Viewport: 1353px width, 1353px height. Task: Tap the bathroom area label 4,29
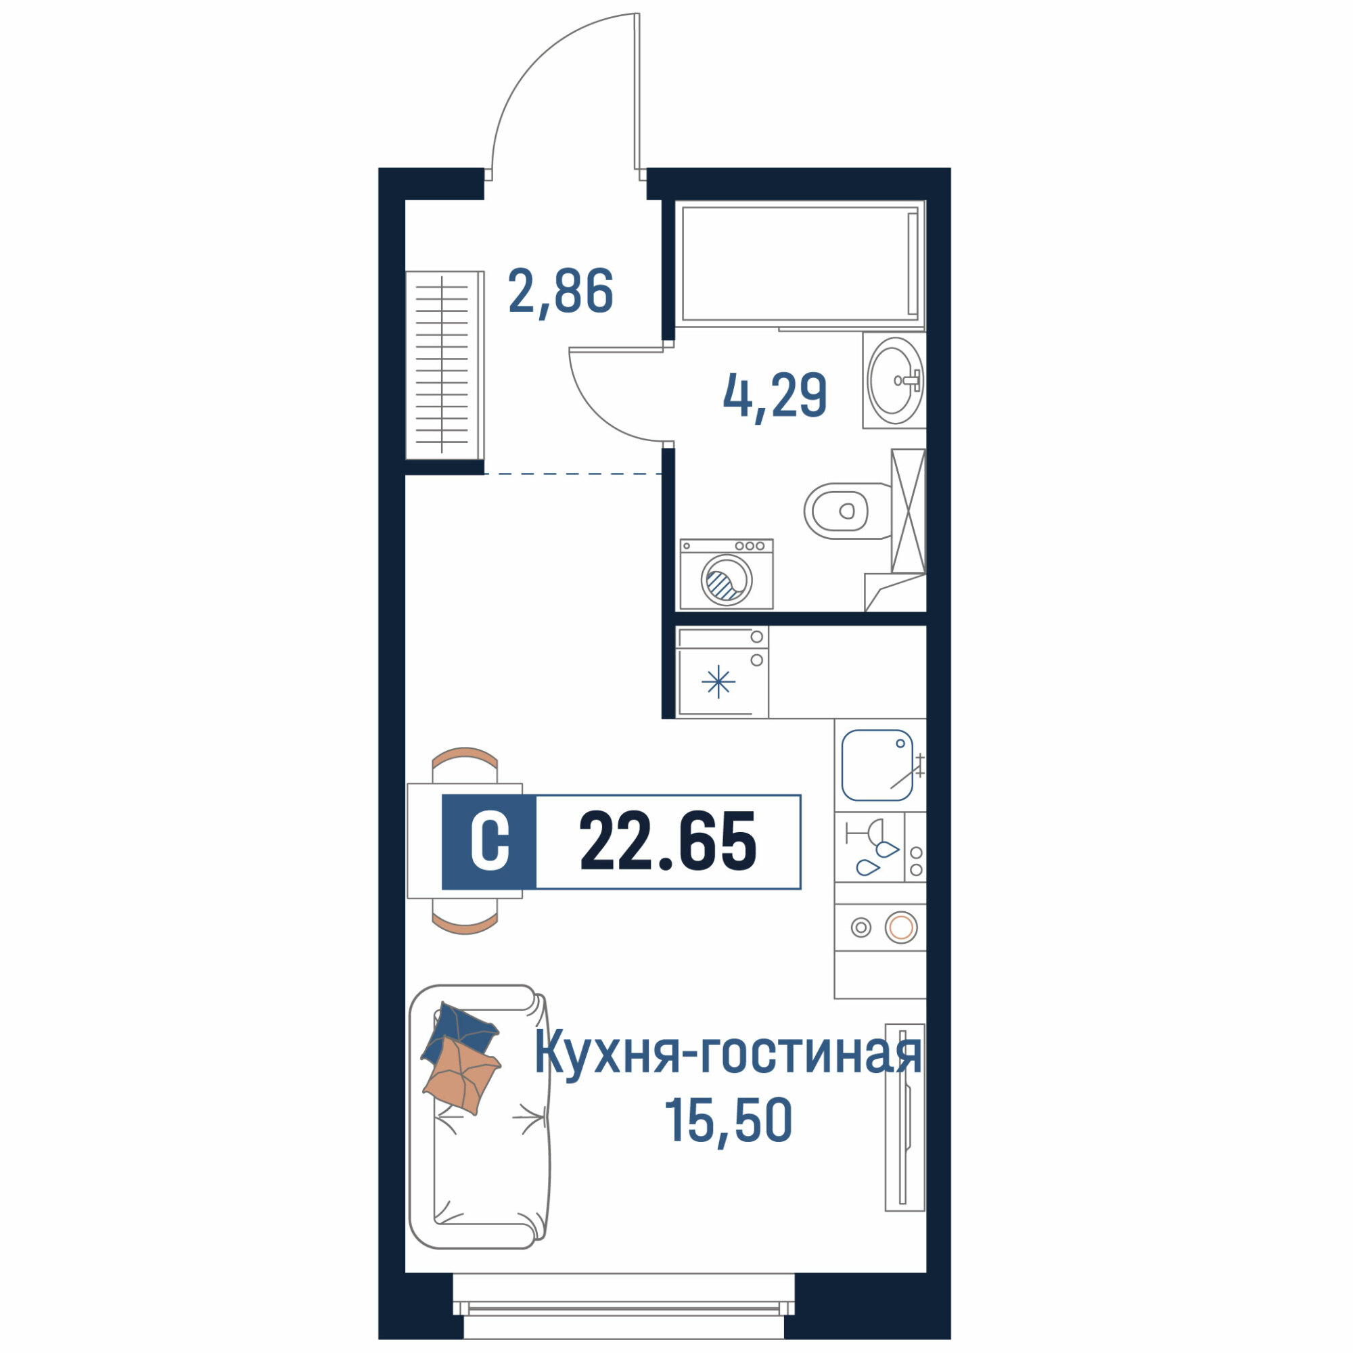[x=775, y=397]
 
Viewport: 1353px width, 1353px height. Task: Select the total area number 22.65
[x=668, y=842]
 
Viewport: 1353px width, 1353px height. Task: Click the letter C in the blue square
[x=490, y=842]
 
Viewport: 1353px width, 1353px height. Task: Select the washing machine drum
[x=726, y=580]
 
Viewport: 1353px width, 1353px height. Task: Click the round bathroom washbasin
[x=895, y=380]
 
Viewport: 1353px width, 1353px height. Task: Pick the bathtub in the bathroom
[x=800, y=263]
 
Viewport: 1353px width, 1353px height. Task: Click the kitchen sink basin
[x=877, y=765]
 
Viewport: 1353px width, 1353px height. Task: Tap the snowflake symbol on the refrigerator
[x=718, y=682]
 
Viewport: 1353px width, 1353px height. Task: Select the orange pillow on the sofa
[x=461, y=1076]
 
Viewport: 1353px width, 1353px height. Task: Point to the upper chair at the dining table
[x=465, y=765]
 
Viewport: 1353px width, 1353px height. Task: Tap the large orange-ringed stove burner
[x=900, y=928]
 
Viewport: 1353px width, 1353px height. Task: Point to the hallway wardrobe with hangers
[x=444, y=365]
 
